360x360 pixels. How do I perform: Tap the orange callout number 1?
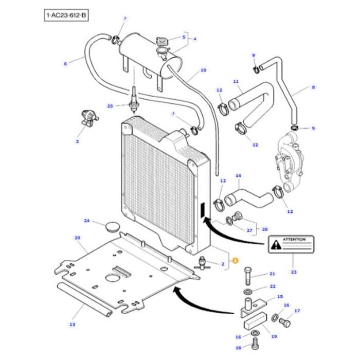pyautogui.click(x=235, y=261)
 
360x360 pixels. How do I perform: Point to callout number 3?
pyautogui.click(x=78, y=140)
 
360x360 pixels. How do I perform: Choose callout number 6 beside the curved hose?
pyautogui.click(x=65, y=64)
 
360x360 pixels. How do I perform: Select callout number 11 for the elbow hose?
pyautogui.click(x=236, y=82)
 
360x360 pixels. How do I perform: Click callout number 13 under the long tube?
pyautogui.click(x=72, y=325)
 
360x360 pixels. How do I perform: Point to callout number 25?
pyautogui.click(x=110, y=106)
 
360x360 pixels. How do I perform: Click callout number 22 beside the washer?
pyautogui.click(x=273, y=286)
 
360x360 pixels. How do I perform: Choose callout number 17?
pyautogui.click(x=297, y=311)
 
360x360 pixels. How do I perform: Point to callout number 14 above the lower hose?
pyautogui.click(x=238, y=176)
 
